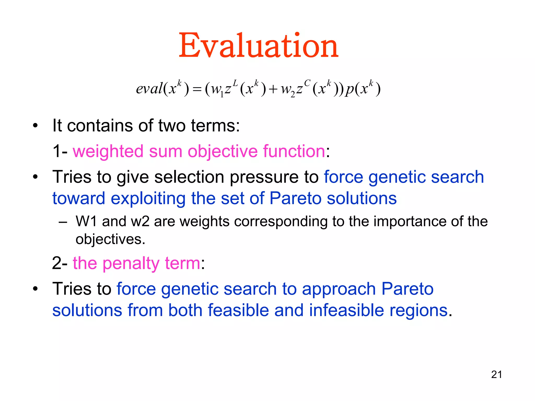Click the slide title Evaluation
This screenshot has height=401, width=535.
(x=258, y=46)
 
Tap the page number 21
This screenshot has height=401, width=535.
(x=496, y=375)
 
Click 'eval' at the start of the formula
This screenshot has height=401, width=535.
(x=149, y=89)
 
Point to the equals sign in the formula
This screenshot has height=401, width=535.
(x=197, y=90)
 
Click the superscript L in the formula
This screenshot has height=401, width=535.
(x=235, y=83)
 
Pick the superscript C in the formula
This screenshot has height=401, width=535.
(x=307, y=83)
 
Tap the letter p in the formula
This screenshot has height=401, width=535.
(x=349, y=90)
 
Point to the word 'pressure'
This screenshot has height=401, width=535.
(x=264, y=177)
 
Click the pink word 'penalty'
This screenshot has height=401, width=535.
(x=131, y=263)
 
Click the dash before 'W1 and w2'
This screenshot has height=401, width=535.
(x=63, y=222)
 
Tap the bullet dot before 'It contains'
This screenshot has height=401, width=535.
(x=35, y=126)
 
